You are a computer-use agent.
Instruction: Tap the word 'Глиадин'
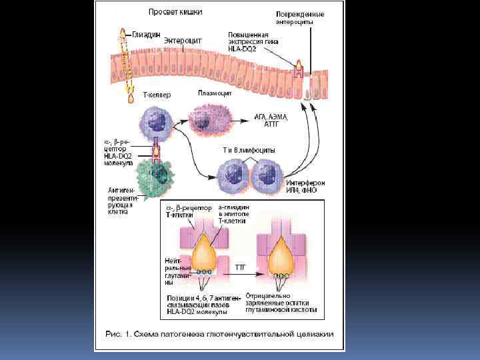click(x=147, y=35)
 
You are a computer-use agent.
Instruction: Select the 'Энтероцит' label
click(x=183, y=41)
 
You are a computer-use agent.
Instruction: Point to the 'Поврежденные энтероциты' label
click(x=300, y=18)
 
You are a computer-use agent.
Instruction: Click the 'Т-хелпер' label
click(x=157, y=95)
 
